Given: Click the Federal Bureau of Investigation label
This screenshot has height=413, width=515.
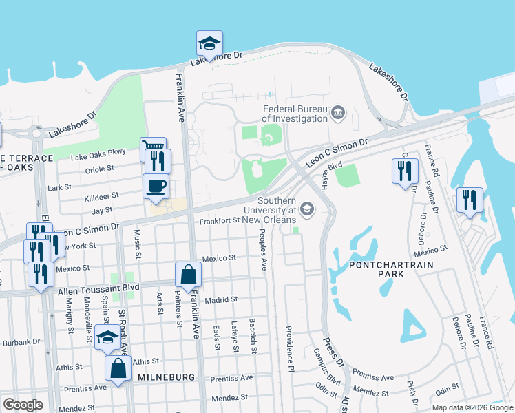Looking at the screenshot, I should coord(295,114).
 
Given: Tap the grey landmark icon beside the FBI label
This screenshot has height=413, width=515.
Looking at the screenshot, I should coord(338,112).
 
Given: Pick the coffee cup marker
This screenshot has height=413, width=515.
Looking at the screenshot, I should coord(156,186).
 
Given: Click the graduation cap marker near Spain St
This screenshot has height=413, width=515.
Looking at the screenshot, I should coord(107,337).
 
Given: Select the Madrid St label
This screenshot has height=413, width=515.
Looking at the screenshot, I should coord(220,300).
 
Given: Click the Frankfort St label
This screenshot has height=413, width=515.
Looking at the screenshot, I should coord(218,221).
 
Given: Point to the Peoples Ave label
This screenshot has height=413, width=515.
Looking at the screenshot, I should coord(262,243).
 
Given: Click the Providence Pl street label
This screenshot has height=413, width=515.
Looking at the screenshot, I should coord(289,344).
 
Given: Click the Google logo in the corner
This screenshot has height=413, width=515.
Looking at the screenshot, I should coord(23,404).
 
